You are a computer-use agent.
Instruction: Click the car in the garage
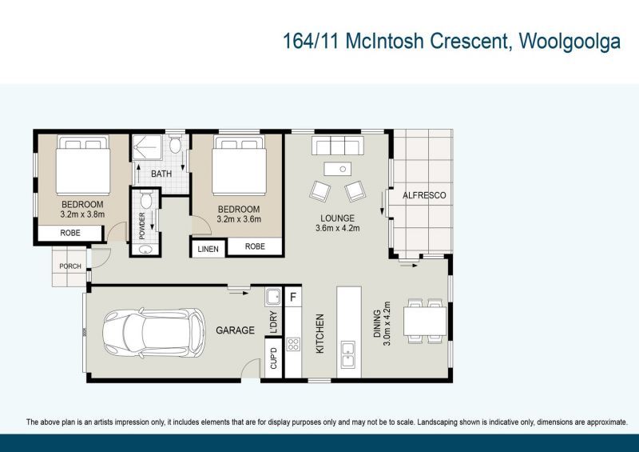(153, 332)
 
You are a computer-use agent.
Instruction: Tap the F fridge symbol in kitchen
(292, 297)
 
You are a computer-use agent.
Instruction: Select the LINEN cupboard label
(208, 249)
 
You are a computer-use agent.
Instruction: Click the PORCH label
(70, 266)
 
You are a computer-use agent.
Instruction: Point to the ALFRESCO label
(424, 195)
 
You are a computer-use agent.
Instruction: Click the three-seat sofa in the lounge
(337, 146)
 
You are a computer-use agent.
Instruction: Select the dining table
(425, 322)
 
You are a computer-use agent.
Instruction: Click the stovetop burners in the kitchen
(293, 344)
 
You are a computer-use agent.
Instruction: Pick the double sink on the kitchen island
(348, 354)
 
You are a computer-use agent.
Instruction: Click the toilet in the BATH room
(176, 144)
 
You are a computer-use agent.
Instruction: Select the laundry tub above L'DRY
(273, 297)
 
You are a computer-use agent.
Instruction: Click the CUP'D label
(273, 358)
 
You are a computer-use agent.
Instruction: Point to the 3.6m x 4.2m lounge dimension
(337, 228)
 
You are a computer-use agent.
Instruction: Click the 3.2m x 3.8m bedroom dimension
(82, 214)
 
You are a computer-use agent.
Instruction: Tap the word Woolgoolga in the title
(570, 41)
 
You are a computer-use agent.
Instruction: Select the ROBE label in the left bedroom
(70, 233)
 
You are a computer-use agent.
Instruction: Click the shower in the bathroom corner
(147, 147)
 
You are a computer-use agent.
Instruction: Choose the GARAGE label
(235, 330)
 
